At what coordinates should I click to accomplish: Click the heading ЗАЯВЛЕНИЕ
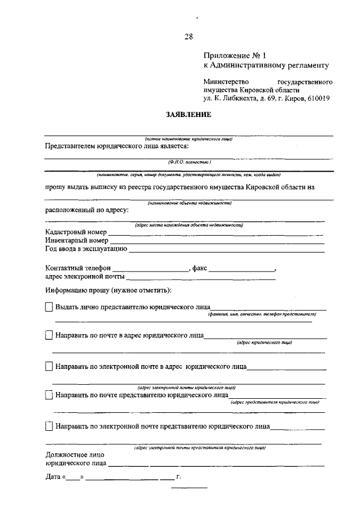click(188, 115)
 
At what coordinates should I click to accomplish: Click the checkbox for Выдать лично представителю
click(48, 307)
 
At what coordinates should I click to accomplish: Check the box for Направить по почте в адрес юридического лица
click(48, 335)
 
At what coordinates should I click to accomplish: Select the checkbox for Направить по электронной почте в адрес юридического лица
click(48, 366)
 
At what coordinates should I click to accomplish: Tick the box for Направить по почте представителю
click(48, 395)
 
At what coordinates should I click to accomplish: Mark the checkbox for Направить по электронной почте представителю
click(48, 426)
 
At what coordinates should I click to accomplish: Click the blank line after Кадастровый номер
click(216, 233)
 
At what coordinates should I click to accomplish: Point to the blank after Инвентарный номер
click(217, 241)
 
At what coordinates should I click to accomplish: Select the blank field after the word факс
click(242, 270)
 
